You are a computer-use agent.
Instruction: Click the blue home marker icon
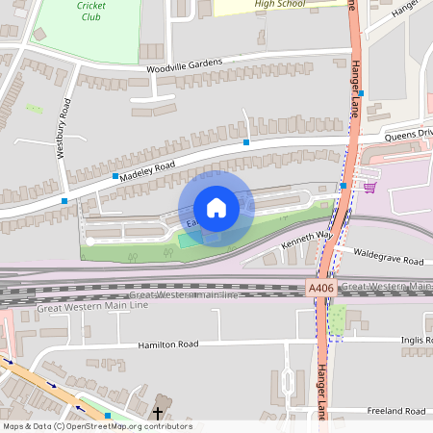[216, 208]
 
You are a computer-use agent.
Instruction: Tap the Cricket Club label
[92, 11]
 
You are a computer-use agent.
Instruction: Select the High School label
[280, 4]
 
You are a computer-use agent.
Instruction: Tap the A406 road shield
[321, 288]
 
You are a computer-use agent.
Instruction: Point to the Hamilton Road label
[167, 344]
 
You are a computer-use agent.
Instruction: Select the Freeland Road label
[395, 411]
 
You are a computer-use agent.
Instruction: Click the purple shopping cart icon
[369, 187]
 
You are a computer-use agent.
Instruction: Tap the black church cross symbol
[157, 399]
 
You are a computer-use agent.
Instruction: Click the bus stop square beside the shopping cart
[344, 186]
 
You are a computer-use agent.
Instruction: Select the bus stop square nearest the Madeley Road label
[115, 177]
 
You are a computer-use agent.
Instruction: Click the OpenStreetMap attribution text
[96, 426]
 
